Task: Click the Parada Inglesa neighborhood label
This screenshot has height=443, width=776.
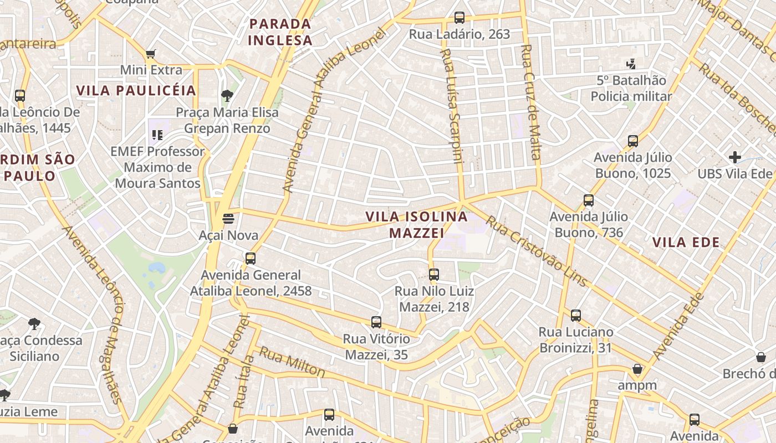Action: [280, 32]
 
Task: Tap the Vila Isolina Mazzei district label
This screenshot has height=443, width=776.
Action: [417, 225]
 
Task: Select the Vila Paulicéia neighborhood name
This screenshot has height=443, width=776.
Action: [136, 91]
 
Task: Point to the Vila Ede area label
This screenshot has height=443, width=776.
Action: [686, 242]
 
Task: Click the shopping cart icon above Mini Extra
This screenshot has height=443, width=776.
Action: [150, 54]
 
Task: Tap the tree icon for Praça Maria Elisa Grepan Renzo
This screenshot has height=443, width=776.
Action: [227, 96]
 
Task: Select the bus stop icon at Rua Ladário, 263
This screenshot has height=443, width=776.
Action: [459, 18]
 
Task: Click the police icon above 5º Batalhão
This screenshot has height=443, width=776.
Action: [630, 64]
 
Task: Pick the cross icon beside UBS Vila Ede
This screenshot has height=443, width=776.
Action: [735, 157]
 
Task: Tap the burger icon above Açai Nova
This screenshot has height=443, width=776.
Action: [228, 219]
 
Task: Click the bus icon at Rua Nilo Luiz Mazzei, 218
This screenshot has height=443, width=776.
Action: [434, 274]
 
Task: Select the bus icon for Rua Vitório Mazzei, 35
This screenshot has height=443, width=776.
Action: [376, 322]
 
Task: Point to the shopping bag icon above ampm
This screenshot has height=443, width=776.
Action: [637, 369]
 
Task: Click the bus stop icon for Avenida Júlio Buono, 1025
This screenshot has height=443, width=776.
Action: [633, 141]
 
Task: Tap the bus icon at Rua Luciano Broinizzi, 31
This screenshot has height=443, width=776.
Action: [576, 316]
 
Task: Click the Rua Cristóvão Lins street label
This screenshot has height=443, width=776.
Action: [536, 251]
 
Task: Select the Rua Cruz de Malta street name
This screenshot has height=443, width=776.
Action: [530, 102]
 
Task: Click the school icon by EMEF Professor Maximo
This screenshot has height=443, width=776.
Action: [157, 135]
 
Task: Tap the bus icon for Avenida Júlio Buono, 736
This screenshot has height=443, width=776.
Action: [589, 200]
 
